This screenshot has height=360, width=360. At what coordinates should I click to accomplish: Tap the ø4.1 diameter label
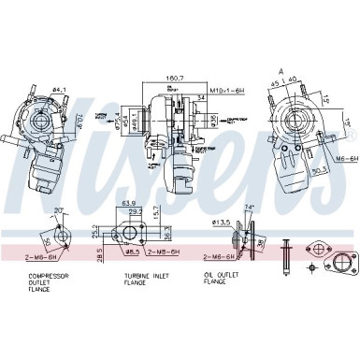pos(58,91)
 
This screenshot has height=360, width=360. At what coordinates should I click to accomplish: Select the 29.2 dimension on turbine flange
pos(134,211)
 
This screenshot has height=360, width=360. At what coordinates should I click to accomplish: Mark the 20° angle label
pos(59,209)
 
